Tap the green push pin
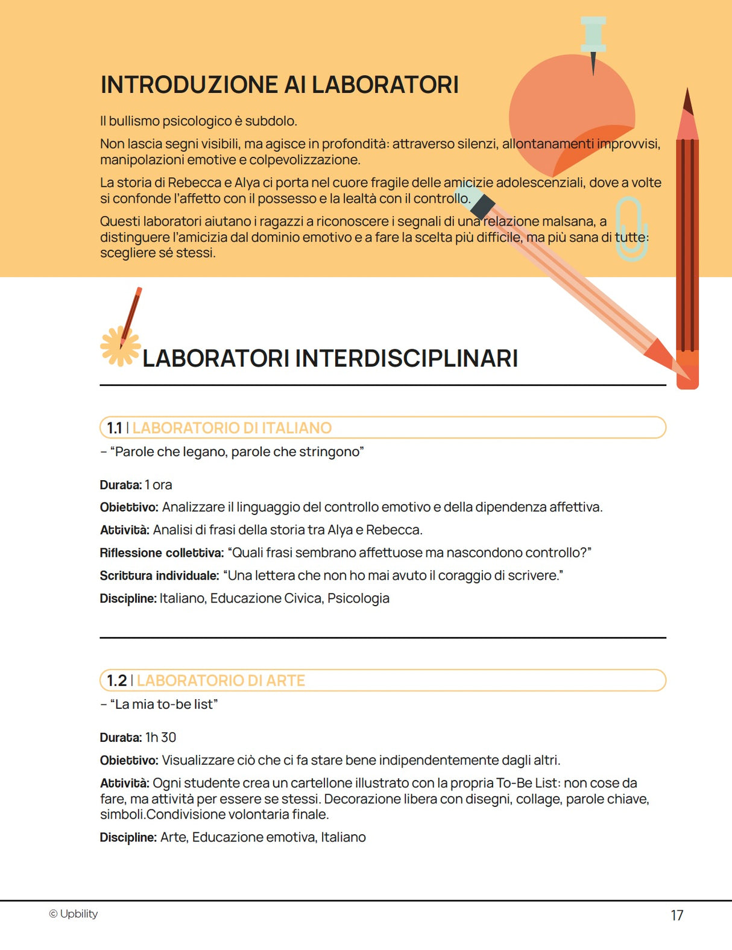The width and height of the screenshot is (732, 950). pyautogui.click(x=593, y=36)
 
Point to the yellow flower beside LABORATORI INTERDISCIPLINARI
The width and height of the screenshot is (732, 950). pyautogui.click(x=119, y=347)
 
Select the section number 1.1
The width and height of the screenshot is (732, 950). pyautogui.click(x=114, y=428)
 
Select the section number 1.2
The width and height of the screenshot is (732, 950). pyautogui.click(x=116, y=680)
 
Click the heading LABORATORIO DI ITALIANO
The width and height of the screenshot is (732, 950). pyautogui.click(x=232, y=428)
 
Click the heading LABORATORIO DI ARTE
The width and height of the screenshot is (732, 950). pyautogui.click(x=221, y=680)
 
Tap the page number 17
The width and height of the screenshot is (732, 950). pyautogui.click(x=677, y=916)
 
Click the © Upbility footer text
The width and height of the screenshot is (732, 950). pyautogui.click(x=74, y=914)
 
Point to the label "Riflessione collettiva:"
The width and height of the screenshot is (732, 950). pyautogui.click(x=162, y=553)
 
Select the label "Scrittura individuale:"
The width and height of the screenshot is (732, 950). pyautogui.click(x=159, y=575)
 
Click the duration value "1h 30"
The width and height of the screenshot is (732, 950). pyautogui.click(x=160, y=737)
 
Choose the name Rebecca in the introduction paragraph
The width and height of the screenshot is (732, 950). pyautogui.click(x=194, y=183)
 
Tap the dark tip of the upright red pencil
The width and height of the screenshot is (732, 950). pyautogui.click(x=687, y=103)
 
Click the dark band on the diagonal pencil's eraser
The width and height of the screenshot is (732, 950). pyautogui.click(x=482, y=206)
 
